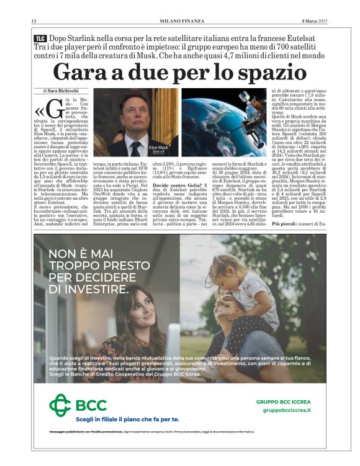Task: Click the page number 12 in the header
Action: point(34,21)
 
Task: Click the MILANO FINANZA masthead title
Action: point(179,21)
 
